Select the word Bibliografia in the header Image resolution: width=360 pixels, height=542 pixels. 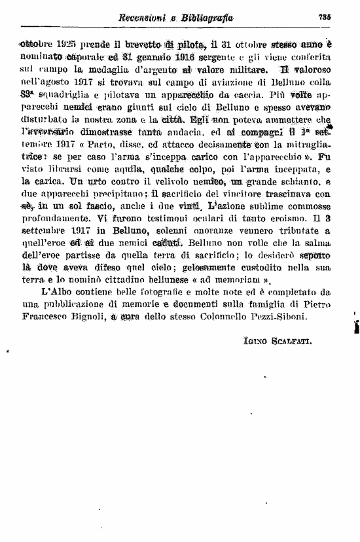coord(204,18)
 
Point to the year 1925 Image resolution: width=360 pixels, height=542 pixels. coord(67,45)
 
